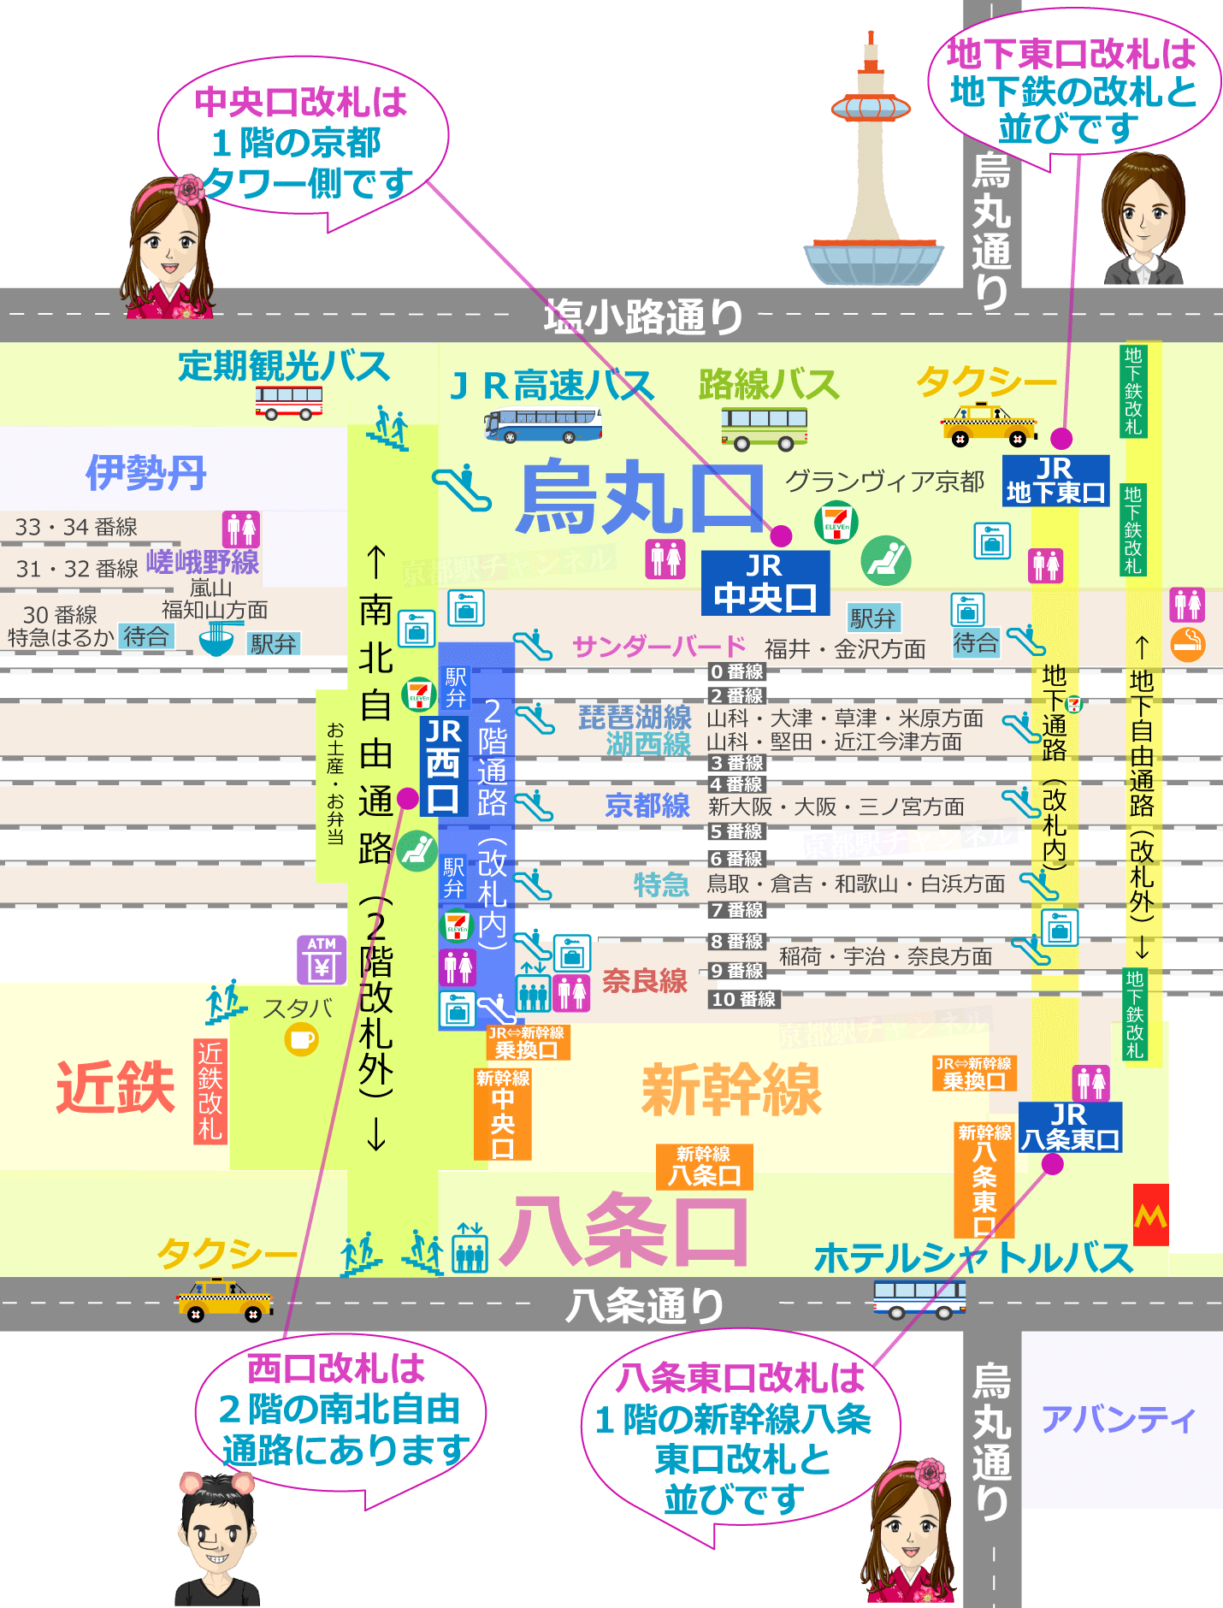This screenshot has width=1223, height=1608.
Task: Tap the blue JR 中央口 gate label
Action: (x=765, y=583)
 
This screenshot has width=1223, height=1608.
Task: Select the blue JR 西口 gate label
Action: (x=443, y=766)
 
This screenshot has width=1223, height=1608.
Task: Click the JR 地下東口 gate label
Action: (x=1055, y=481)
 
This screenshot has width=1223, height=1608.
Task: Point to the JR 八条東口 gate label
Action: (x=1069, y=1127)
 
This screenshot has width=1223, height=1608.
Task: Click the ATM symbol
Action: (x=322, y=960)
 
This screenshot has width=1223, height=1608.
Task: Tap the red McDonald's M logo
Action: (x=1150, y=1215)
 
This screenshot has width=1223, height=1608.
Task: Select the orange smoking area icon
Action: (x=1187, y=644)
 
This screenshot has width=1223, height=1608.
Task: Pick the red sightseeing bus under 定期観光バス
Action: (x=289, y=402)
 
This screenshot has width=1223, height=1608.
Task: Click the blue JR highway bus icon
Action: (x=542, y=425)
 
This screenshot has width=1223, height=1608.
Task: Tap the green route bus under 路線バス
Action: (x=764, y=428)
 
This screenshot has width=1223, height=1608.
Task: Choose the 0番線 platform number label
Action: (x=736, y=671)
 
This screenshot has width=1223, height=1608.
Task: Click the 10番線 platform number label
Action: (x=743, y=999)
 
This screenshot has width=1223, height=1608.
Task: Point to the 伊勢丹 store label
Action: (x=146, y=473)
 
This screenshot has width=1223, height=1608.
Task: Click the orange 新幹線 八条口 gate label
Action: (x=704, y=1168)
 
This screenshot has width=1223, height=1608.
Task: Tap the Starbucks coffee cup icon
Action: (x=301, y=1040)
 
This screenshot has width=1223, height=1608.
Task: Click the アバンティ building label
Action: (x=1118, y=1420)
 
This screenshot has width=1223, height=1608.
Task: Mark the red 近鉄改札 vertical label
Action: (x=210, y=1091)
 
